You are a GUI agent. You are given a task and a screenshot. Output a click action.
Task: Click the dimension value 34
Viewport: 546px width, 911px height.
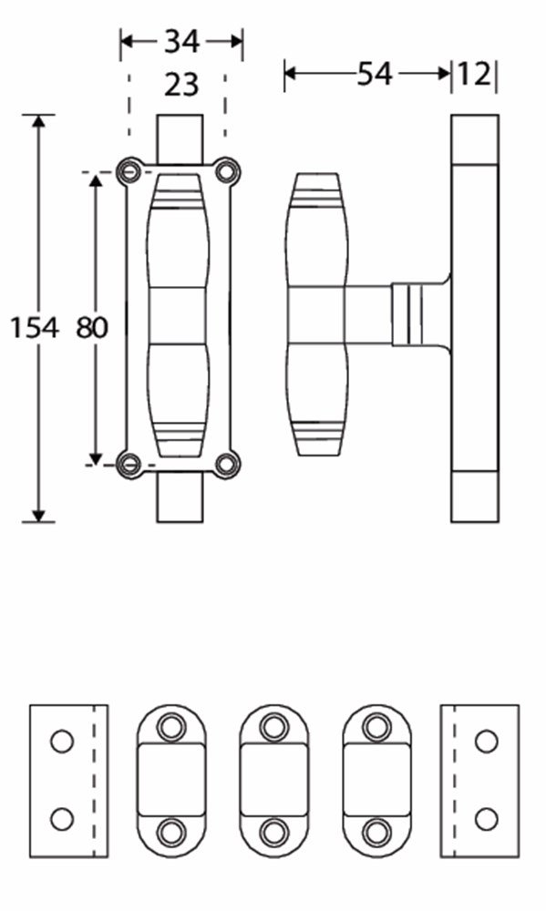[182, 41]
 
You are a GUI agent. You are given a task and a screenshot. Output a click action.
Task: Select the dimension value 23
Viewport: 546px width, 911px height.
[181, 85]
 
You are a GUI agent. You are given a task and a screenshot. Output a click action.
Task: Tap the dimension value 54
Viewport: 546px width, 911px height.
[375, 74]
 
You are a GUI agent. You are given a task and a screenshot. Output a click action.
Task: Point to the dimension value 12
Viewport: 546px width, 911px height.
[475, 74]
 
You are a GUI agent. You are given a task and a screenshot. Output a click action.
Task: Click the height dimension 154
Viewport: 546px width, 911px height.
[35, 327]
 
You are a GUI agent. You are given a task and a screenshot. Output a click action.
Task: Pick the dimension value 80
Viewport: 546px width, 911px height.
[91, 327]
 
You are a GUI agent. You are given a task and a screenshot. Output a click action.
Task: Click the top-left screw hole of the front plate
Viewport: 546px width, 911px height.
[132, 170]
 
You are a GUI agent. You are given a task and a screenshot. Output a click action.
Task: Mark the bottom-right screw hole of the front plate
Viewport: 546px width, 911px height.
[226, 463]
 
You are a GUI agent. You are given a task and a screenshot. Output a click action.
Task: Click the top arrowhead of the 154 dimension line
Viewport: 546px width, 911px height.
[38, 122]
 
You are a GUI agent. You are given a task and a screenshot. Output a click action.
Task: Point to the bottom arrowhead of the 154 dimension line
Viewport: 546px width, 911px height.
[38, 515]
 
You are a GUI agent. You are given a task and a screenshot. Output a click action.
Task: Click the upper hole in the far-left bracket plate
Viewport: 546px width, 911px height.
[61, 741]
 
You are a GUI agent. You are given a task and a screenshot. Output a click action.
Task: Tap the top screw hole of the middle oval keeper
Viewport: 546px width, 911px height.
[273, 726]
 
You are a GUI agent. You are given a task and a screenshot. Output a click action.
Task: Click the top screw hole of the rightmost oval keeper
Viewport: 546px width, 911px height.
[376, 726]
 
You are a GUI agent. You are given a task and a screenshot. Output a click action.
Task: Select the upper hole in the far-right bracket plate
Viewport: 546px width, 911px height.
[487, 741]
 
